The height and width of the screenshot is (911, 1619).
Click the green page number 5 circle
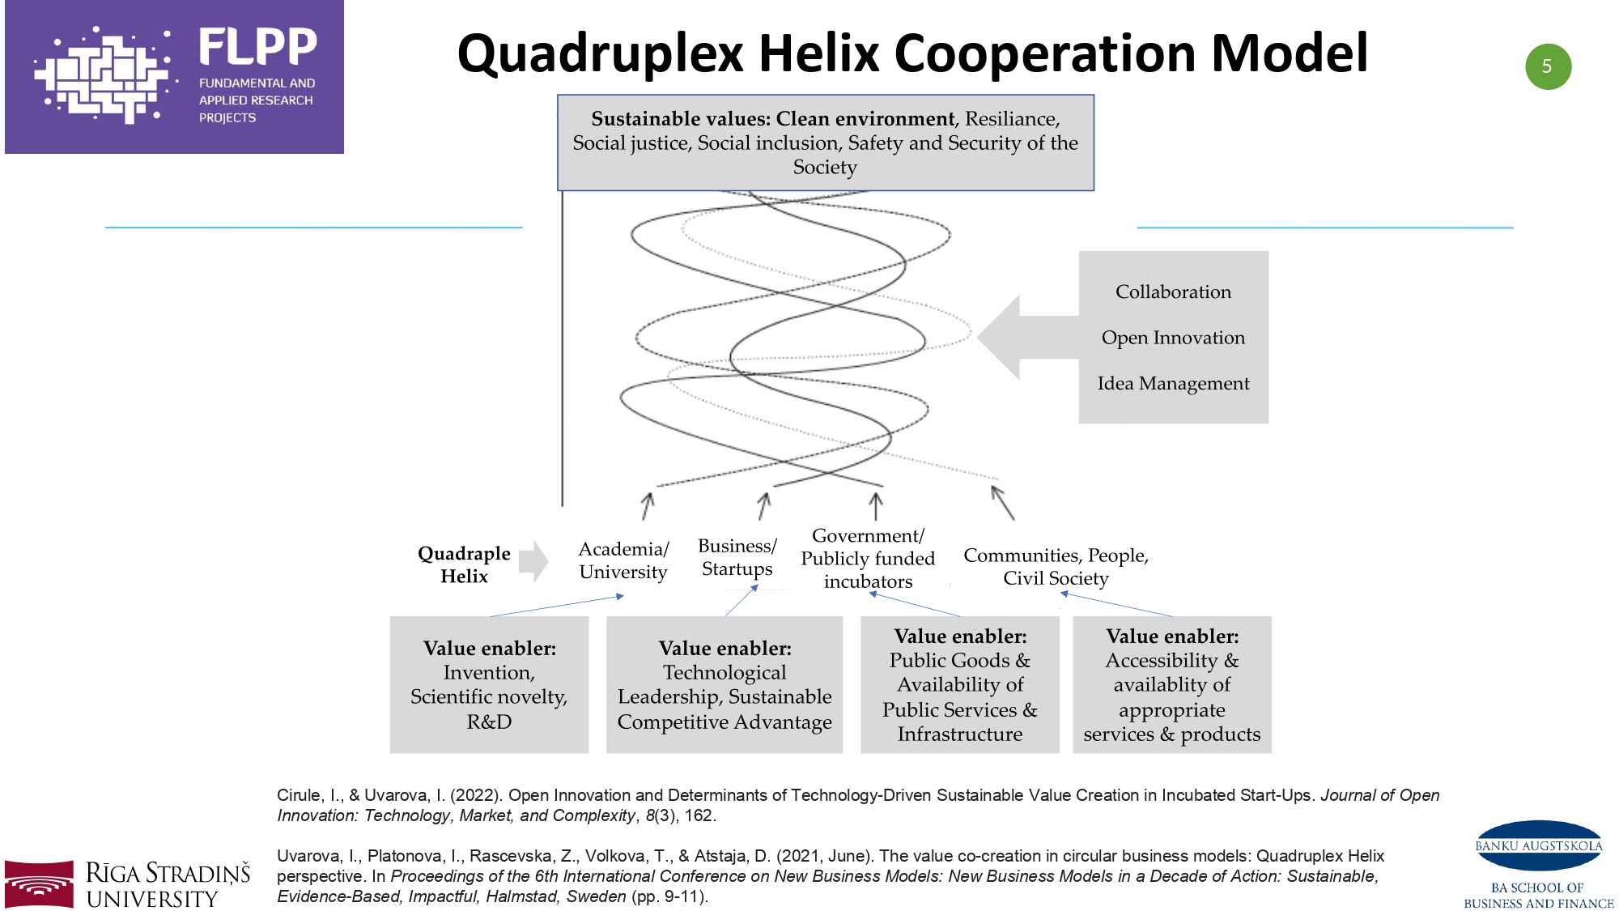pos(1548,66)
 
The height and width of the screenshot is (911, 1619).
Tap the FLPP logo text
pos(257,46)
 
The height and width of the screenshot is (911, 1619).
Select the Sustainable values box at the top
pos(825,143)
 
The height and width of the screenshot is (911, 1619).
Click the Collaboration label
pos(1173,292)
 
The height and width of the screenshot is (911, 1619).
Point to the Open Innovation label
pos(1173,338)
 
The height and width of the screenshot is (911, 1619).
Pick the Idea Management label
pos(1173,383)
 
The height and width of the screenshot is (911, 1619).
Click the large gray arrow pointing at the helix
pos(1024,337)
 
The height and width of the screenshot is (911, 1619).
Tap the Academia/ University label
pos(623,560)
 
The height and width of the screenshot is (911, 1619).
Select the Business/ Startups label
pos(737,557)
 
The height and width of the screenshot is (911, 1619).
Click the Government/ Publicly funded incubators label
pos(868,559)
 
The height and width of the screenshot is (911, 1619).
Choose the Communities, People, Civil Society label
pos(1056,566)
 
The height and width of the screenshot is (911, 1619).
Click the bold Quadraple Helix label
pos(464,564)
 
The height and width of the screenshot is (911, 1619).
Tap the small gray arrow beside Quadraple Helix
pos(533,561)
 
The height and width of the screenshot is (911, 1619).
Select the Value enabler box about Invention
pos(489,684)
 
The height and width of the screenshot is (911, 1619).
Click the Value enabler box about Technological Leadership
pos(725,684)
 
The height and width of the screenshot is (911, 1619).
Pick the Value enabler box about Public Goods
pos(959,684)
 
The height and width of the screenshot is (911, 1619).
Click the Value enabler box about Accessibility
pos(1171,684)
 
